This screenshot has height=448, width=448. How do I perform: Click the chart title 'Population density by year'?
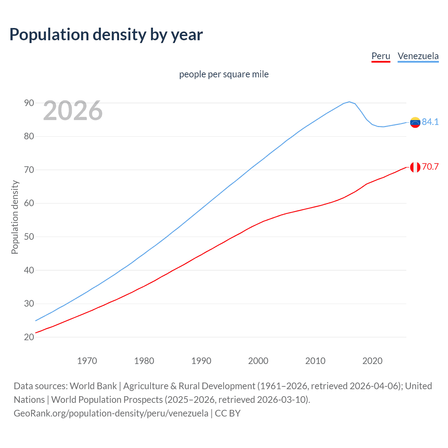106,35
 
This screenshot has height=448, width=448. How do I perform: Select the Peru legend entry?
380,56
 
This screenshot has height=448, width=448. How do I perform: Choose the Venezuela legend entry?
418,56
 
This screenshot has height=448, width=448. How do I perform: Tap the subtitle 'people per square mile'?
224,74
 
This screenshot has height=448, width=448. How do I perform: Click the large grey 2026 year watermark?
73,111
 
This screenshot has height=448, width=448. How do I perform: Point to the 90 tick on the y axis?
29,103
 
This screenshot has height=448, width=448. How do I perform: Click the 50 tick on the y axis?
29,237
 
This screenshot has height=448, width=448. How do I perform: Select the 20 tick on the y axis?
29,337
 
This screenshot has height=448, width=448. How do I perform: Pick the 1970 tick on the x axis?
87,361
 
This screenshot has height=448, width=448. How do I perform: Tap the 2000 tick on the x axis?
258,361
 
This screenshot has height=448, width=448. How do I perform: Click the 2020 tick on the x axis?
372,361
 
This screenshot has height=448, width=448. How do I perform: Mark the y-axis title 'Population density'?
15,217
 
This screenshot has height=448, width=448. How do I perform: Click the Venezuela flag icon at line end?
415,122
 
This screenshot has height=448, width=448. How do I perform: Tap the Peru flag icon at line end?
415,167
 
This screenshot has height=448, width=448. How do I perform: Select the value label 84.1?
430,122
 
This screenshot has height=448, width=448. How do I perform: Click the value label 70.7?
430,167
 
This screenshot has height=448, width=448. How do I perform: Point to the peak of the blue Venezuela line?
349,102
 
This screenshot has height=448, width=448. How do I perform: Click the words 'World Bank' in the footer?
93,386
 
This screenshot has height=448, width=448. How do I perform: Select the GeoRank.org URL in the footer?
111,413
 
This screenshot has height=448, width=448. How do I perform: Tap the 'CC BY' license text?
227,413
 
